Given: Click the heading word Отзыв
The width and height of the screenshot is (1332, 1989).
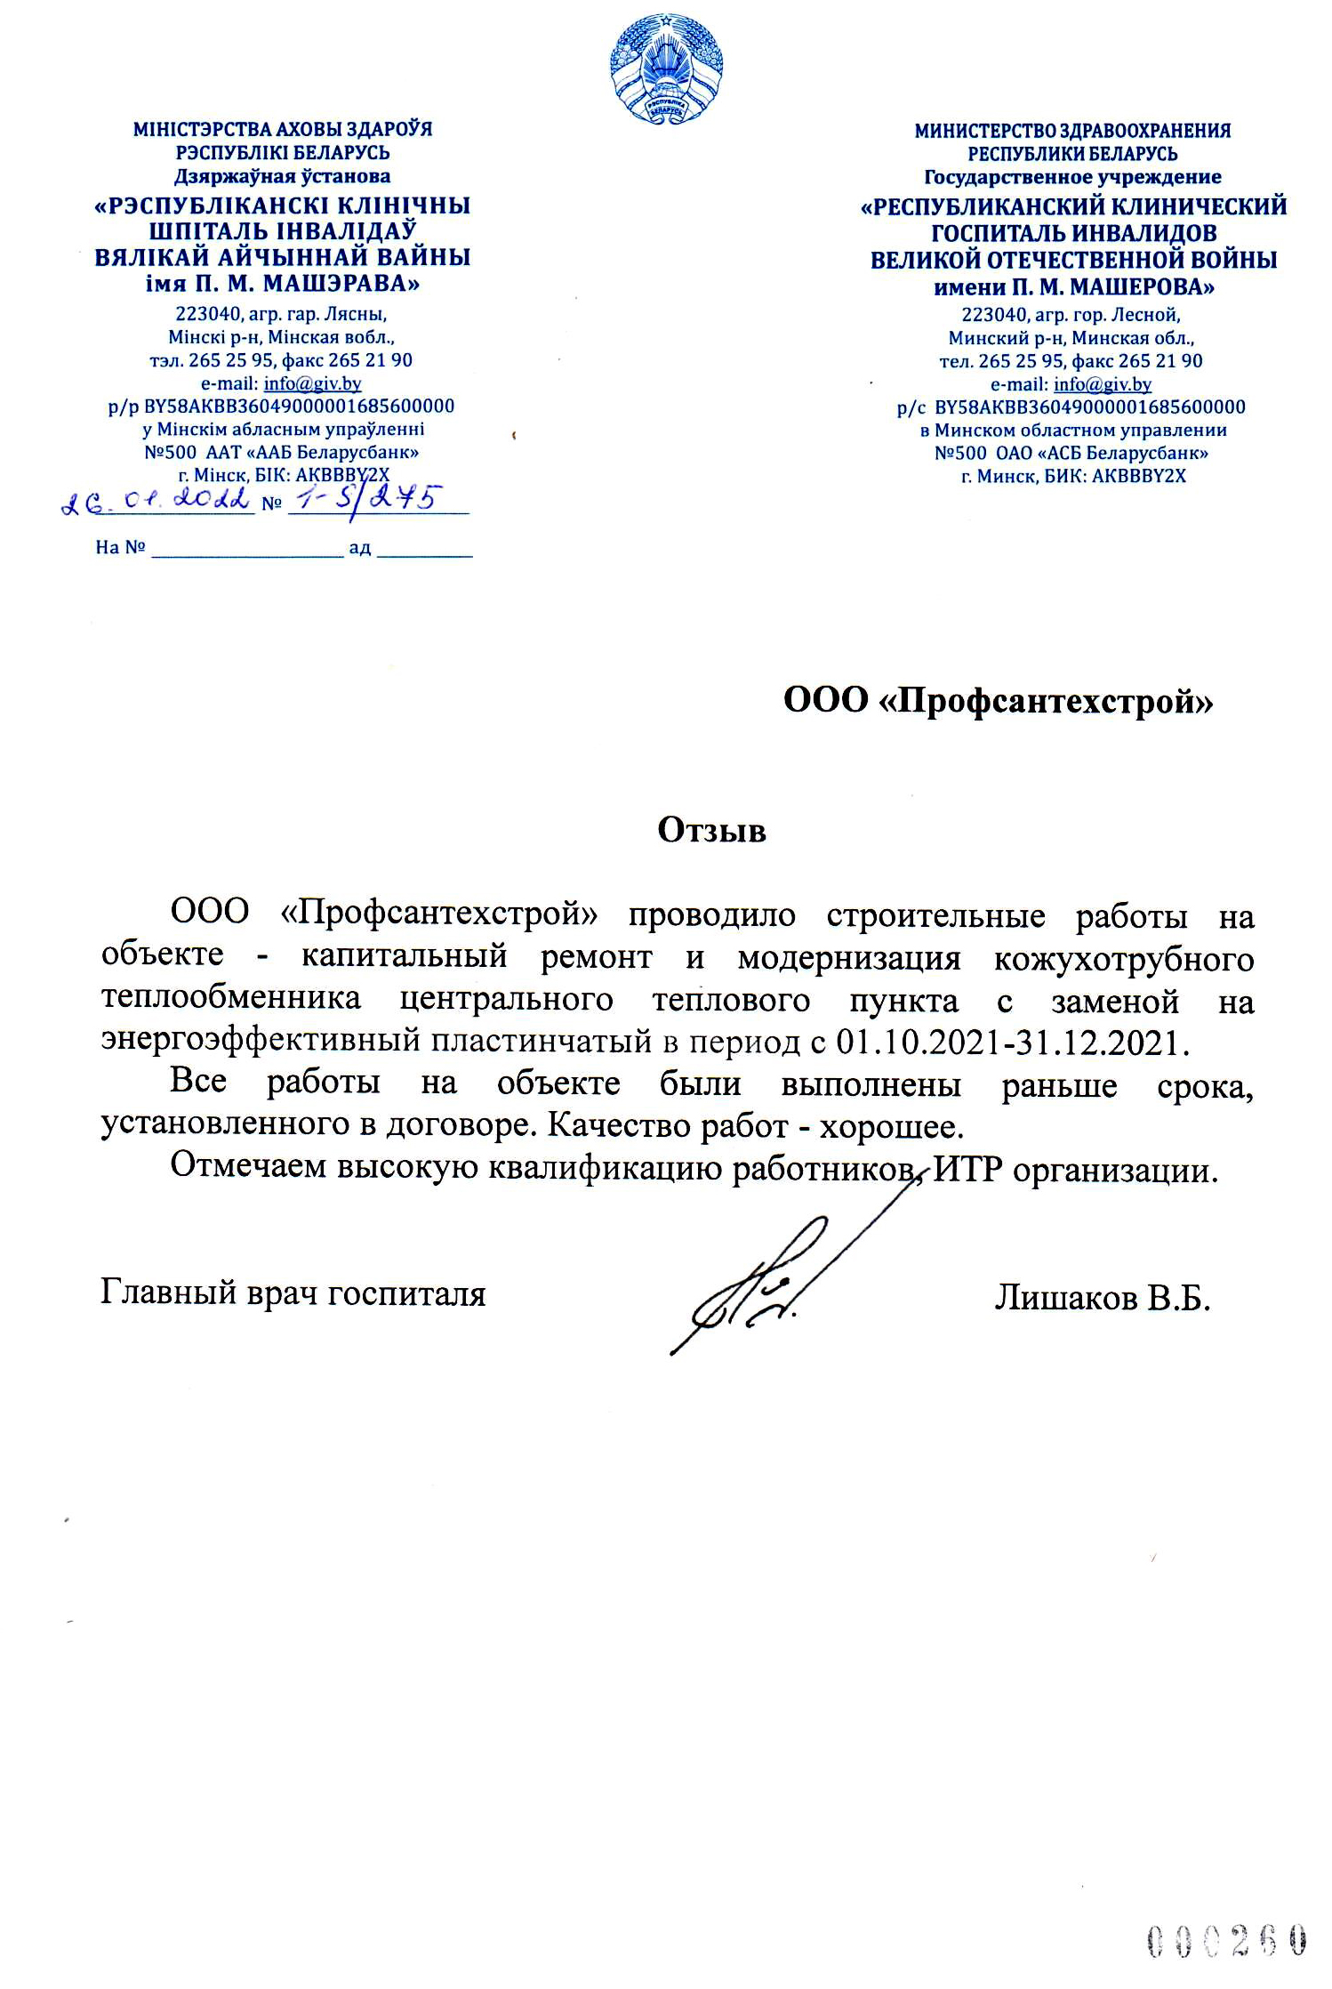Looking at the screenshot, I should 711,830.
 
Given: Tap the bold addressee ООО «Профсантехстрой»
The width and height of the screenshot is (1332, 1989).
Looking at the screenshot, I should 998,701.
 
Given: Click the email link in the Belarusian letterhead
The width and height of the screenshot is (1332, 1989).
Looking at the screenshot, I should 312,383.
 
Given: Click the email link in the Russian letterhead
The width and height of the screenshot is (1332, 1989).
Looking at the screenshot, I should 1102,384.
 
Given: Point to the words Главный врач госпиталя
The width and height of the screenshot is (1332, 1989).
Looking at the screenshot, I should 293,1292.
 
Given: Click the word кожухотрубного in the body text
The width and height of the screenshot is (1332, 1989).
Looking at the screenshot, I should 1123,959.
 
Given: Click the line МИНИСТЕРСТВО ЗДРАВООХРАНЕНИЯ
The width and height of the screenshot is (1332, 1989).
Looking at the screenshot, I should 1072,131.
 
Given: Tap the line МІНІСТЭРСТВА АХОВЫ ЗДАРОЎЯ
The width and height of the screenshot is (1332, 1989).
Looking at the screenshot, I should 283,129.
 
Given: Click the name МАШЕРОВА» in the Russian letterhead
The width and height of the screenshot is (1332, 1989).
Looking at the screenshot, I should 1142,287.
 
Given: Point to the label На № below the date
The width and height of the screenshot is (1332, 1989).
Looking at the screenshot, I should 120,547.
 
